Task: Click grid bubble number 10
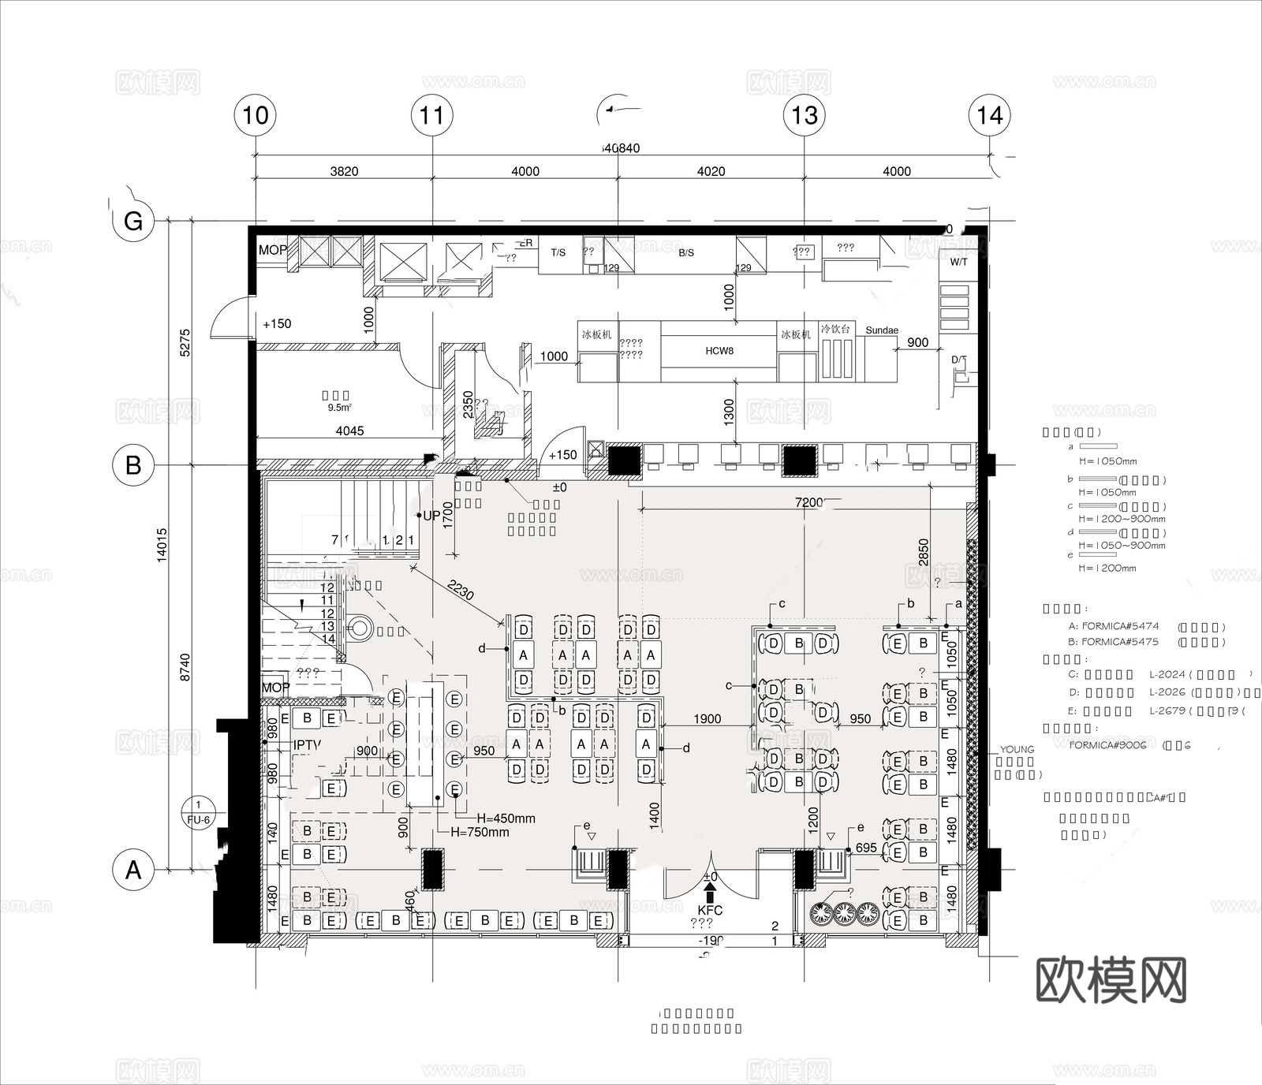point(256,116)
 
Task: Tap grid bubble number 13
point(804,116)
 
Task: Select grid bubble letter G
point(133,221)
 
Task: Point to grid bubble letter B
point(133,465)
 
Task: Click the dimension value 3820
point(344,171)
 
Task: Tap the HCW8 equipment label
point(719,350)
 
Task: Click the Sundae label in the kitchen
point(882,330)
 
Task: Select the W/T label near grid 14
point(958,262)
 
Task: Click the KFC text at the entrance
point(710,910)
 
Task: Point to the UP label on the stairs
point(431,516)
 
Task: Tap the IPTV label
point(308,744)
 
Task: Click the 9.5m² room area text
point(339,408)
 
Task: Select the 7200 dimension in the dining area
point(808,502)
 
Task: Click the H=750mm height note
point(480,832)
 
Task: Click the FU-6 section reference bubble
point(198,813)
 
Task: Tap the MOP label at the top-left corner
point(273,250)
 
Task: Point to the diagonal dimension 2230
point(460,590)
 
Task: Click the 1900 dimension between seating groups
point(707,718)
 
